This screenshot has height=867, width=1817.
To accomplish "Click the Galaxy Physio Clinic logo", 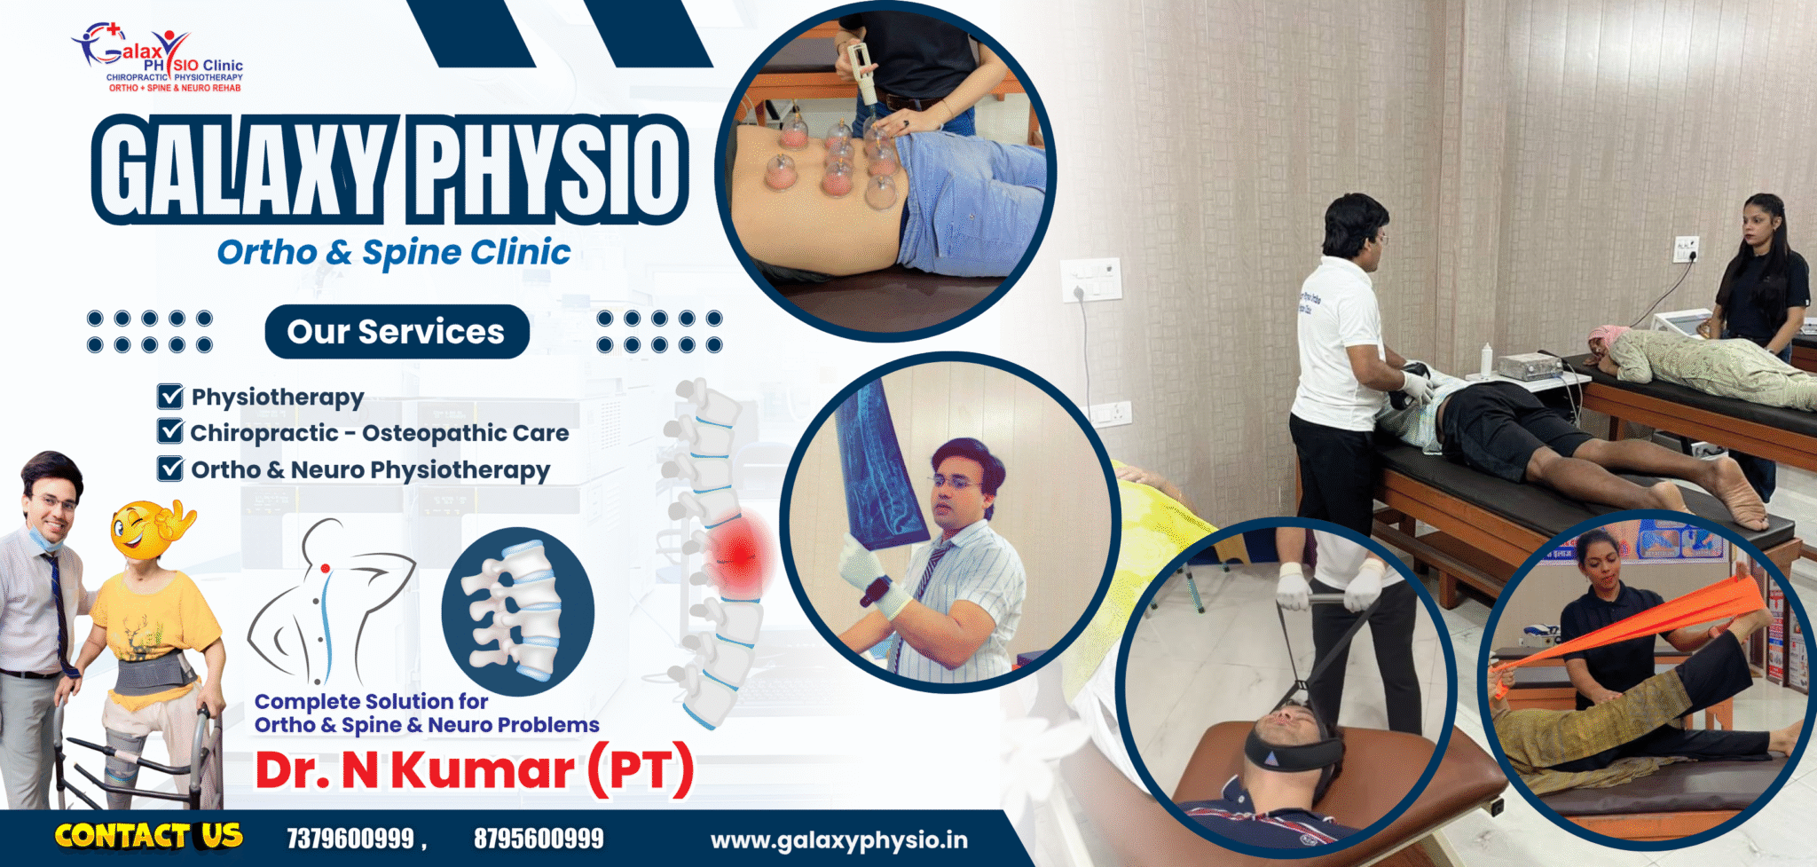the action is point(157,58).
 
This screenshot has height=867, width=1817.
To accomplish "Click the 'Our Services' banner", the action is point(397,332).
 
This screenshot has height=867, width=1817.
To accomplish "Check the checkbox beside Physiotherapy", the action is point(169,396).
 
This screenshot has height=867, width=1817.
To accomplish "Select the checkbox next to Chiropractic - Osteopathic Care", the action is point(169,431).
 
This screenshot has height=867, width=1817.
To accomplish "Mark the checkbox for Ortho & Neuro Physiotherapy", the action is point(169,468).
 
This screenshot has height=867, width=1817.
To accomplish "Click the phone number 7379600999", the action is point(350,839).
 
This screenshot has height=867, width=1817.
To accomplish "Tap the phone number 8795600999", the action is point(539,839).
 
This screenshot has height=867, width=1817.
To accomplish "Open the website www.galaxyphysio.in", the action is point(839,840).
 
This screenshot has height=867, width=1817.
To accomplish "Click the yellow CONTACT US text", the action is point(148,836).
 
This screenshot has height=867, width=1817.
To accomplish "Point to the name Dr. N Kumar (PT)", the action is point(475,769).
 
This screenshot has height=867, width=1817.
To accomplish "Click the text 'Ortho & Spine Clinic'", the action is point(394,253).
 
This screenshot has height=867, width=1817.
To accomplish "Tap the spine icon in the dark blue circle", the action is point(517,611).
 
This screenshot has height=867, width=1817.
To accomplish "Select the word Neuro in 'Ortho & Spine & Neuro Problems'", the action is point(459,725).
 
